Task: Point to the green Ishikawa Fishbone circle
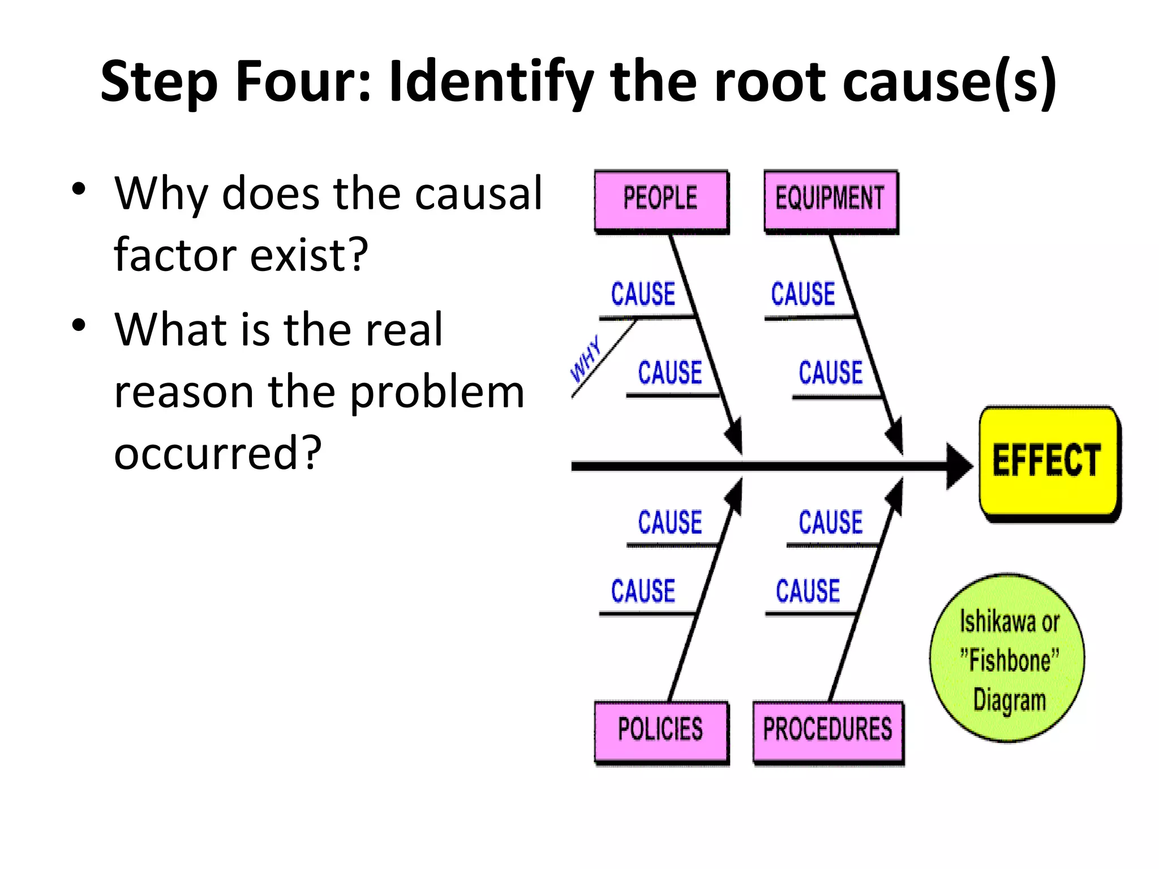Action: [x=1008, y=659]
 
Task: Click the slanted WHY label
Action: [x=585, y=359]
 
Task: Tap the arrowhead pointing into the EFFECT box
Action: [x=959, y=466]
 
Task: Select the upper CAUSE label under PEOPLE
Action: [x=643, y=295]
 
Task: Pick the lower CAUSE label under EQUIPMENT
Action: [x=831, y=373]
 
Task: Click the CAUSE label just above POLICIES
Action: [x=643, y=592]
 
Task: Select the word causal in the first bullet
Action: [x=478, y=194]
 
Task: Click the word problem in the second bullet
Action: [x=437, y=392]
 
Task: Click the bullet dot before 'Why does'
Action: [x=79, y=189]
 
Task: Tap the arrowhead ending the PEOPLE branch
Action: [x=735, y=437]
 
